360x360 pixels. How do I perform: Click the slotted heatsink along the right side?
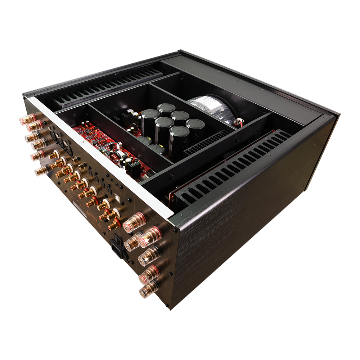[230, 169]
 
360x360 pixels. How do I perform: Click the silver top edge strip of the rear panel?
[101, 155]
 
